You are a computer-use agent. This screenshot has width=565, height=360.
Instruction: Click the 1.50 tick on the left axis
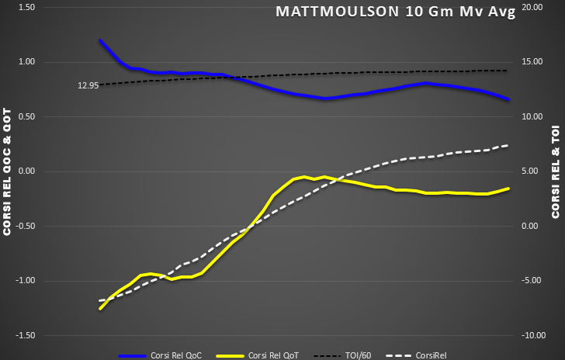point(26,7)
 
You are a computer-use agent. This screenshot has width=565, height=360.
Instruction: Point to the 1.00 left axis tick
point(26,62)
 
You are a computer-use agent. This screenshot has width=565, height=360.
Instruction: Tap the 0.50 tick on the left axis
point(26,116)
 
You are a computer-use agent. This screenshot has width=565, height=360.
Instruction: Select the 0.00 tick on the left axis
point(26,171)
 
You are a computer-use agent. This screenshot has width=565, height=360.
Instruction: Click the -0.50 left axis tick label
point(24,226)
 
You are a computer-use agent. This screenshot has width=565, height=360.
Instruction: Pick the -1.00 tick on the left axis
point(24,281)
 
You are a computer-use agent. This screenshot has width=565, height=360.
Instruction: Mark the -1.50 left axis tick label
point(24,335)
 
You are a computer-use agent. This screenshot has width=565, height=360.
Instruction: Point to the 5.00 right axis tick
point(535,171)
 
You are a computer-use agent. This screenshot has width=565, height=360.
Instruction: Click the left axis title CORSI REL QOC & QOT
point(8,171)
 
